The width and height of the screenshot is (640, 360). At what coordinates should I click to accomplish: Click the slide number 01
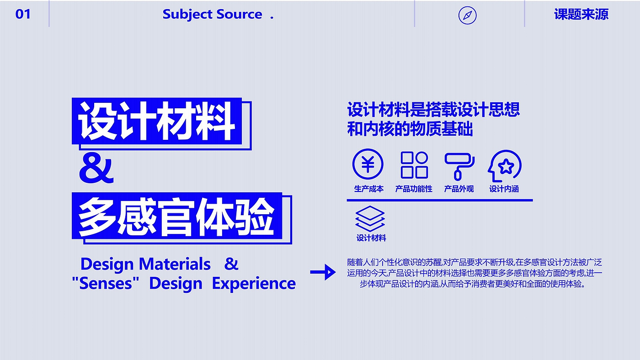coord(23,14)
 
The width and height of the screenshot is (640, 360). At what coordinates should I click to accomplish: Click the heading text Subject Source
coord(212,14)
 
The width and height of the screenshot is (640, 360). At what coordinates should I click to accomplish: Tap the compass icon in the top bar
coord(467,16)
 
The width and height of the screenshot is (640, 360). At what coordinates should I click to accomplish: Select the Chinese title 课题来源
coord(581,14)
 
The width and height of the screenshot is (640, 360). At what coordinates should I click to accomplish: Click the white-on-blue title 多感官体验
coord(176,216)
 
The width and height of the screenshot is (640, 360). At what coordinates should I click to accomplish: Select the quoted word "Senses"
coord(105,283)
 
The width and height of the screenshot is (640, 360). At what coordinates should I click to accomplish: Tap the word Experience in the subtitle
coord(254,283)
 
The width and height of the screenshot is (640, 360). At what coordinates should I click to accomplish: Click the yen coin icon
coord(368,164)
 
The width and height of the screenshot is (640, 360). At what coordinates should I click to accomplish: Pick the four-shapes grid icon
coord(414,165)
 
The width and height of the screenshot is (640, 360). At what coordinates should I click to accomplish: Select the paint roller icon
coord(459,165)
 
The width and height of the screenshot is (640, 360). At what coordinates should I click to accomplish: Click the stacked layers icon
coord(370,219)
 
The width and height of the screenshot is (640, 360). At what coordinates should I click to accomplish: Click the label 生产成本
coord(368,189)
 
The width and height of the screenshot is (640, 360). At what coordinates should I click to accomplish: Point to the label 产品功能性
coord(414,189)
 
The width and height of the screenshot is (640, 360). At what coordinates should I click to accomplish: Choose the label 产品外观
coord(459,189)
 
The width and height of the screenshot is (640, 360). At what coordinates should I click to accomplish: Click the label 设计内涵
coord(504,189)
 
